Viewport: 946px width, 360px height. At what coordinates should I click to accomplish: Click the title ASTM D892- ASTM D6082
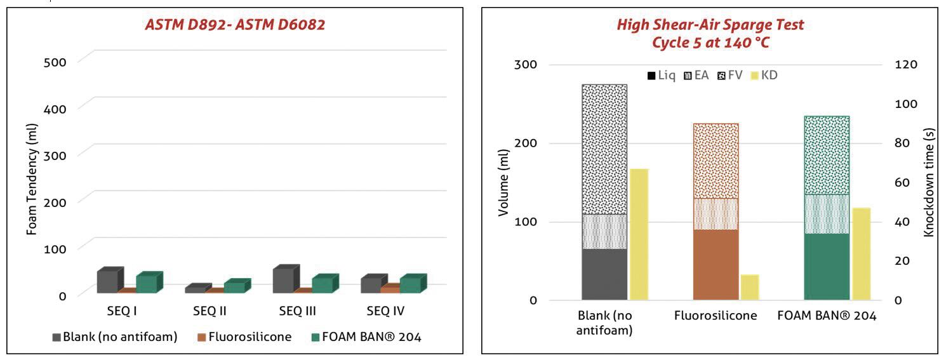pyautogui.click(x=235, y=25)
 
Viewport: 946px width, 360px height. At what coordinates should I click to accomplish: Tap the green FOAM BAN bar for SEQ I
pyautogui.click(x=149, y=282)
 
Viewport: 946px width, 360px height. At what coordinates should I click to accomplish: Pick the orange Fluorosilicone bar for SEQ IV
pyautogui.click(x=390, y=288)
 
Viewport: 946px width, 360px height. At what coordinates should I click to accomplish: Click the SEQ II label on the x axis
pyautogui.click(x=210, y=311)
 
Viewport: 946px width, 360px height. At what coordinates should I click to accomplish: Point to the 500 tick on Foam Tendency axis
pyautogui.click(x=55, y=62)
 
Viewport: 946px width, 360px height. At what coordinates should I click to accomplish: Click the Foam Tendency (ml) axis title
pyautogui.click(x=32, y=179)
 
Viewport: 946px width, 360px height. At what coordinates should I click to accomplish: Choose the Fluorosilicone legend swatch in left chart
pyautogui.click(x=201, y=337)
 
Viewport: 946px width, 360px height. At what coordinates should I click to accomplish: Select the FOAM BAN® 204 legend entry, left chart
pyautogui.click(x=366, y=337)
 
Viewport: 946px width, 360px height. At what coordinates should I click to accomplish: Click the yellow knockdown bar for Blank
pyautogui.click(x=639, y=234)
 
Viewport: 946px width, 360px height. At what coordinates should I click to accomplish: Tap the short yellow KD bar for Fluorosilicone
pyautogui.click(x=750, y=288)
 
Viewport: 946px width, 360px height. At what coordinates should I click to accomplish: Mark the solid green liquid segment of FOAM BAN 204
pyautogui.click(x=827, y=267)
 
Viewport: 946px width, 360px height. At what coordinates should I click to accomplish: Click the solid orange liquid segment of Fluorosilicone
pyautogui.click(x=716, y=265)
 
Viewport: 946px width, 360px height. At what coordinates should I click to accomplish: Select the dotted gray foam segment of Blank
pyautogui.click(x=604, y=150)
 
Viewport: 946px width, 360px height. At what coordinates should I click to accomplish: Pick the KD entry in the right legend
pyautogui.click(x=764, y=75)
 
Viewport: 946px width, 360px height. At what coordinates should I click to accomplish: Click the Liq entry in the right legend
pyautogui.click(x=662, y=75)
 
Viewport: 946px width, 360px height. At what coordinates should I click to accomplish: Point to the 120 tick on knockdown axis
pyautogui.click(x=906, y=65)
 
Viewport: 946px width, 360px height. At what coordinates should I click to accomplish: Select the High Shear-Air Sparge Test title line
pyautogui.click(x=710, y=25)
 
